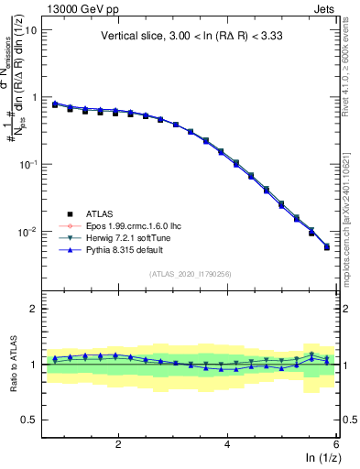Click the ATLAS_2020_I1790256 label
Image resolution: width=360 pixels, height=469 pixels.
pos(191,274)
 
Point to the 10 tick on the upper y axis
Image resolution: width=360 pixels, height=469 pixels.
pos(29,29)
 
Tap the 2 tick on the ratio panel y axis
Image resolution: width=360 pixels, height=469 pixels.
pos(33,309)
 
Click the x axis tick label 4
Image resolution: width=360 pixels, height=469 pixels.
pos(227,444)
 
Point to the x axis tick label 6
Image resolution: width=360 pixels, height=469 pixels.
pos(336,444)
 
